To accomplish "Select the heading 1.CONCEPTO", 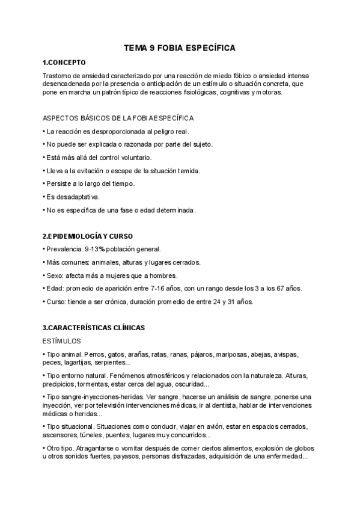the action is (64, 63).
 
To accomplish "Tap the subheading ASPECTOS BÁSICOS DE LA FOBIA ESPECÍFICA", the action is (118, 118).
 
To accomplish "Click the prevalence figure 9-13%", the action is (97, 249).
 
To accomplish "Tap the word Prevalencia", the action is (64, 249).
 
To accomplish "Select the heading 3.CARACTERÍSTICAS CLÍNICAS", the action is (94, 328).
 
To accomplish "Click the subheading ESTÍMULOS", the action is (64, 341).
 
